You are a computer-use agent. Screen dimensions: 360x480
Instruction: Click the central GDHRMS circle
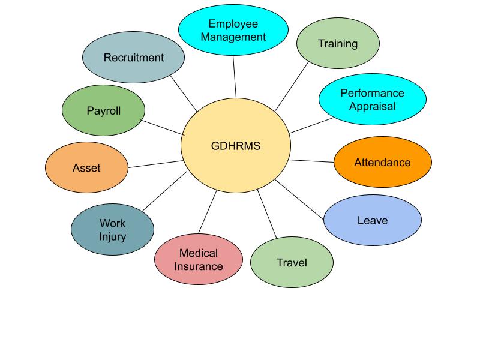click(x=236, y=146)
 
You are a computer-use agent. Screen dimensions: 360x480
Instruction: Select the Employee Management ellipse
click(x=233, y=30)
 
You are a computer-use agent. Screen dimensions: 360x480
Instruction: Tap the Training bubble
click(x=338, y=43)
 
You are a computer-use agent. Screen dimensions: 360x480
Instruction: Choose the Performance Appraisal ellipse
click(x=372, y=99)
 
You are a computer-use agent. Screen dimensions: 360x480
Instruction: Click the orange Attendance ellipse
click(x=382, y=162)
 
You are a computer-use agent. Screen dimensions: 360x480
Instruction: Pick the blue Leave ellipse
click(x=373, y=220)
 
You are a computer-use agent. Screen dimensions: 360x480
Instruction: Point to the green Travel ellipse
click(x=292, y=263)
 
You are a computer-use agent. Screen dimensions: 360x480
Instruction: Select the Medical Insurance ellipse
click(x=199, y=259)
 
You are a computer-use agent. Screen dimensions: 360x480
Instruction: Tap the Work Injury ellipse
click(x=112, y=230)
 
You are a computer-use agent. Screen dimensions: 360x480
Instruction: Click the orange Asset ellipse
click(x=86, y=168)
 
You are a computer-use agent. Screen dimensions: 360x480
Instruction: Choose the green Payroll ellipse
click(x=104, y=111)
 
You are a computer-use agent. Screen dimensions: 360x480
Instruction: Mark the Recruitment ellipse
click(x=133, y=58)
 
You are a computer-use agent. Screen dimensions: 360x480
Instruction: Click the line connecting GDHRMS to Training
click(x=291, y=87)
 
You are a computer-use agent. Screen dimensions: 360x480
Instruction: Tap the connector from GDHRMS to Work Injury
click(x=164, y=191)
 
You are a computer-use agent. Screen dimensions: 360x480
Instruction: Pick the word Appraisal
click(x=372, y=106)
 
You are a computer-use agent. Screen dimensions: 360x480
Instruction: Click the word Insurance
click(x=199, y=265)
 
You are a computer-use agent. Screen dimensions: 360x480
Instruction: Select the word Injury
click(x=113, y=236)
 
